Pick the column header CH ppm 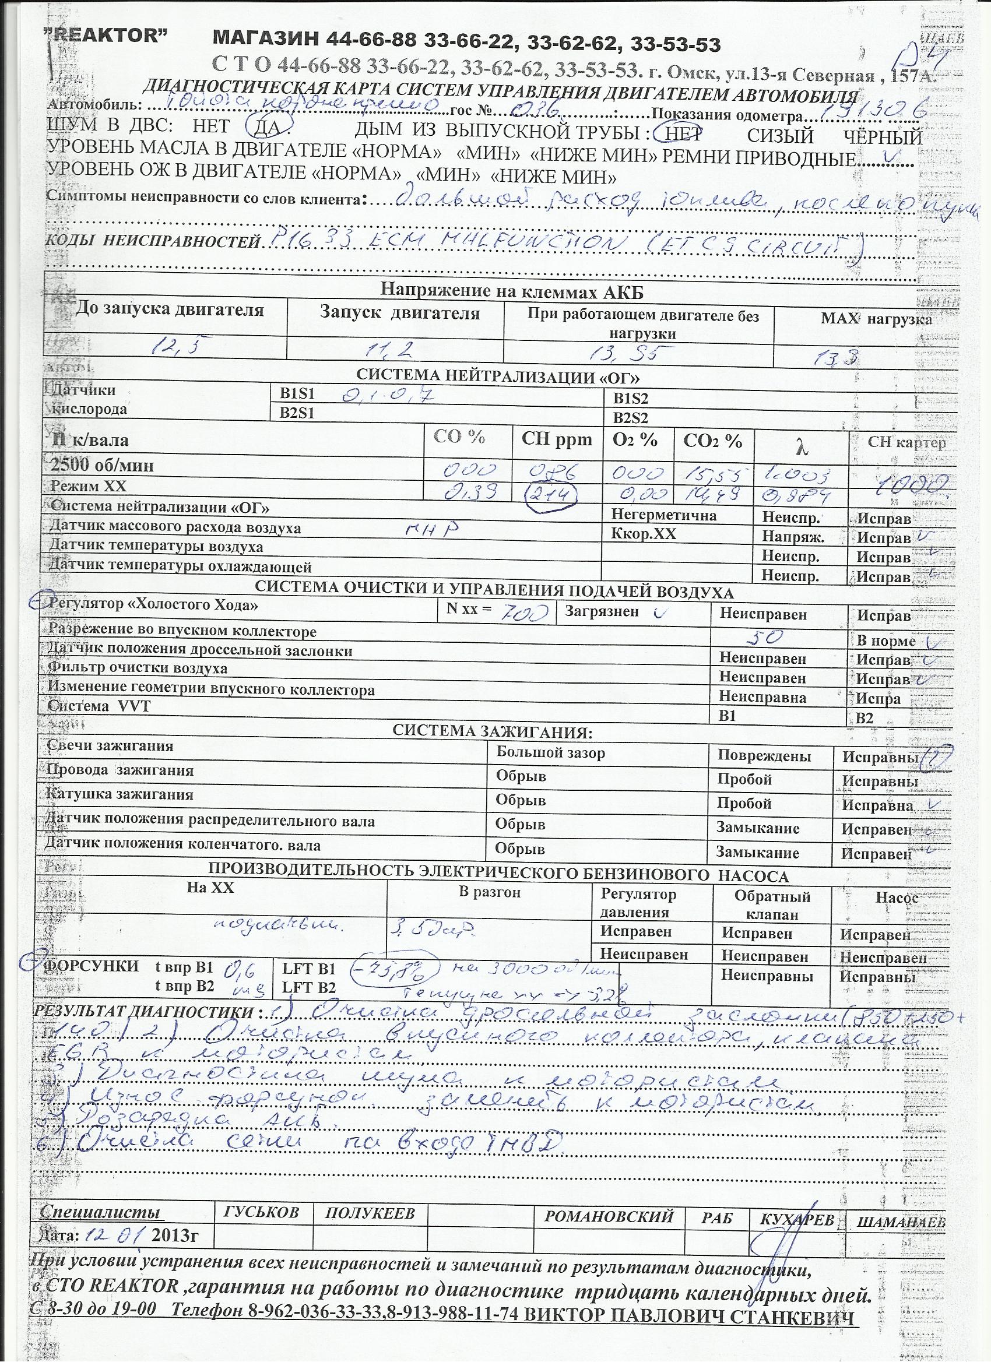point(557,439)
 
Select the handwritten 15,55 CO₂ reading point(712,476)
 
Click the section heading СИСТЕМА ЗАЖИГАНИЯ point(492,731)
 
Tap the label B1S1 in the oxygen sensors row point(297,393)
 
